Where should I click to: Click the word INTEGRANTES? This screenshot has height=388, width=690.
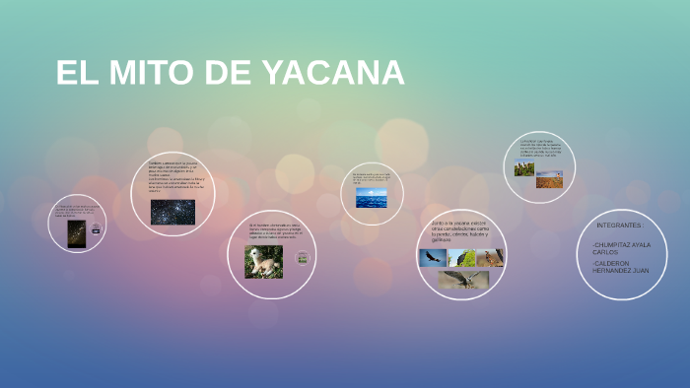(x=620, y=226)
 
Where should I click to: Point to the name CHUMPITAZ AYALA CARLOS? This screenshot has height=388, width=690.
(x=621, y=248)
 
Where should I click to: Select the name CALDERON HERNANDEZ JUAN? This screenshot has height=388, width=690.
(x=621, y=267)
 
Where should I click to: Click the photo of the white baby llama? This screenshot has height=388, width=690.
(x=263, y=262)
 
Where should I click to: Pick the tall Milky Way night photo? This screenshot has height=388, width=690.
(x=76, y=233)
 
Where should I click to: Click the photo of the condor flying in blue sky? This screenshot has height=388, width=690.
(x=432, y=258)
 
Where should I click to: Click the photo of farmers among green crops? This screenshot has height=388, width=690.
(x=523, y=168)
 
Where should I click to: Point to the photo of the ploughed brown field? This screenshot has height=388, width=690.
(x=549, y=181)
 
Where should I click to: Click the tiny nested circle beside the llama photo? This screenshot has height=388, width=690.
(x=303, y=258)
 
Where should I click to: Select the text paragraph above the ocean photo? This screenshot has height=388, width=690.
(x=372, y=178)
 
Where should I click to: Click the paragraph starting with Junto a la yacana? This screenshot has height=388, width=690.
(x=460, y=231)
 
